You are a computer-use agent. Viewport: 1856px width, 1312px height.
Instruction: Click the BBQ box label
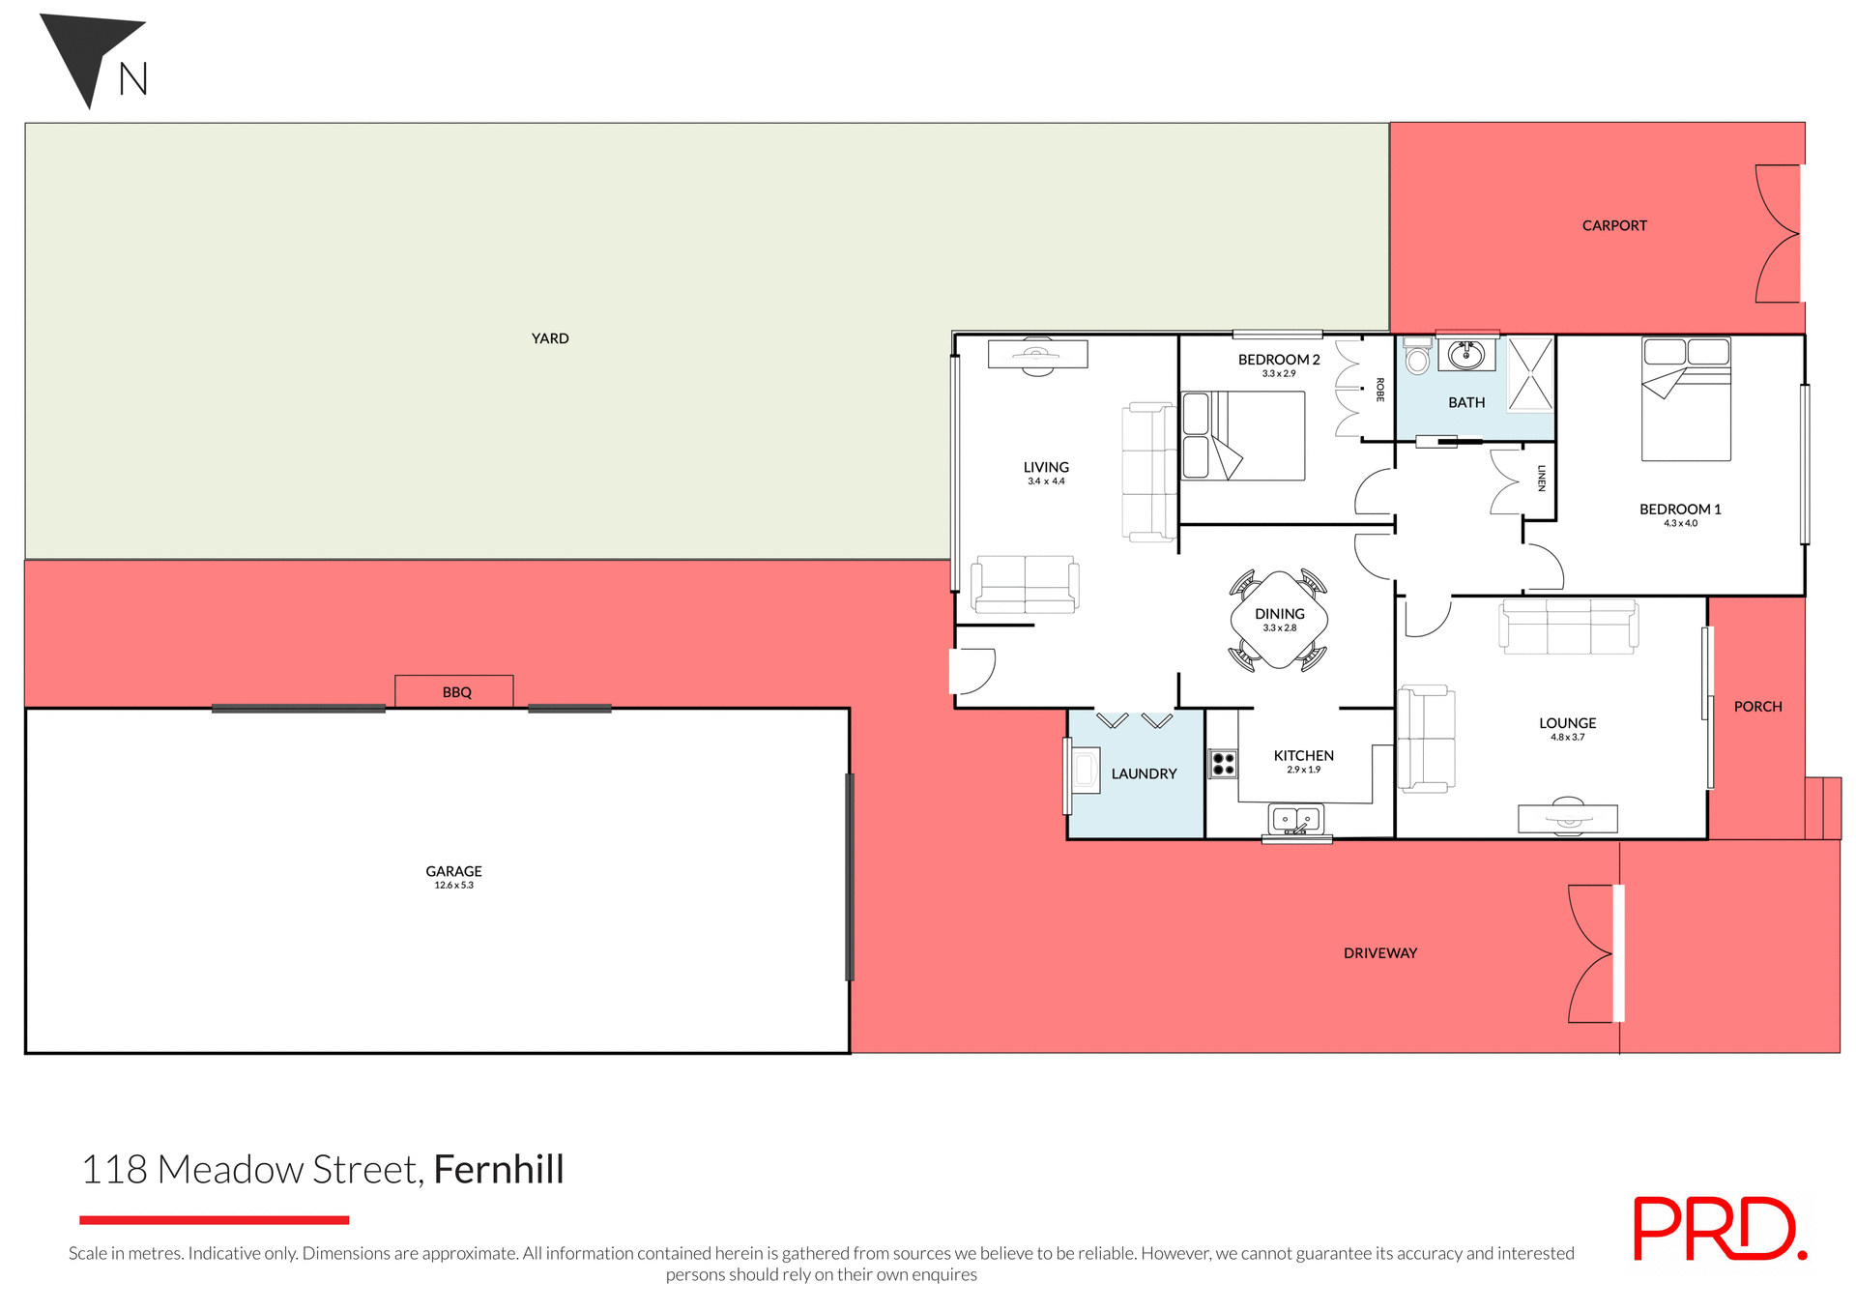456,692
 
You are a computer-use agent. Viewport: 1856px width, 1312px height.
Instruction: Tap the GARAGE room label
453,871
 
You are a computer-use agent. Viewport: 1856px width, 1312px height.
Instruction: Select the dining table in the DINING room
1279,620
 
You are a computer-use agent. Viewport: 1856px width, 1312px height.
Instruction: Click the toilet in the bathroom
1417,357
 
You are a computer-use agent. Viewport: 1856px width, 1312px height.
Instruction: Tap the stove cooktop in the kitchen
1223,764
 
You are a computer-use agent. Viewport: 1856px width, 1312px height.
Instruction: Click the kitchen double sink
1295,820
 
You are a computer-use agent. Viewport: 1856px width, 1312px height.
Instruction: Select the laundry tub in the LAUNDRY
1085,771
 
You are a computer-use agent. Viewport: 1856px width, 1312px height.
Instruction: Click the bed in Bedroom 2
1244,436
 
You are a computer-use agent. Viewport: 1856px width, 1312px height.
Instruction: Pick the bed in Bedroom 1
1686,398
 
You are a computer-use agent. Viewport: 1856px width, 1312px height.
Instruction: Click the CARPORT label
1614,225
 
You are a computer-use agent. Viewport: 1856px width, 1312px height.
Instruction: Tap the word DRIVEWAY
1379,953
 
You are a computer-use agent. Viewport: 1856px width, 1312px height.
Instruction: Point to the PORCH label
1757,707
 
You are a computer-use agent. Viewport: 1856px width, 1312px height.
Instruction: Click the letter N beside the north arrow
133,79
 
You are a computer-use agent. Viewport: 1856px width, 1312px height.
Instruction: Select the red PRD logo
1718,1229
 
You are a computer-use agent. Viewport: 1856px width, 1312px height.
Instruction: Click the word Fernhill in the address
498,1170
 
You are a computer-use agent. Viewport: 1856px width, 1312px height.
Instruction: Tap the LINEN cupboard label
1541,479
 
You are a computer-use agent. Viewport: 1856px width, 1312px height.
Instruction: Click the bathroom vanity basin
1466,354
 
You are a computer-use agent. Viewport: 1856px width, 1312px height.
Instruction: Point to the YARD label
550,338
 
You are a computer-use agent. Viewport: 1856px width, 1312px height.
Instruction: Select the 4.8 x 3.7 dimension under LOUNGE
1567,738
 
